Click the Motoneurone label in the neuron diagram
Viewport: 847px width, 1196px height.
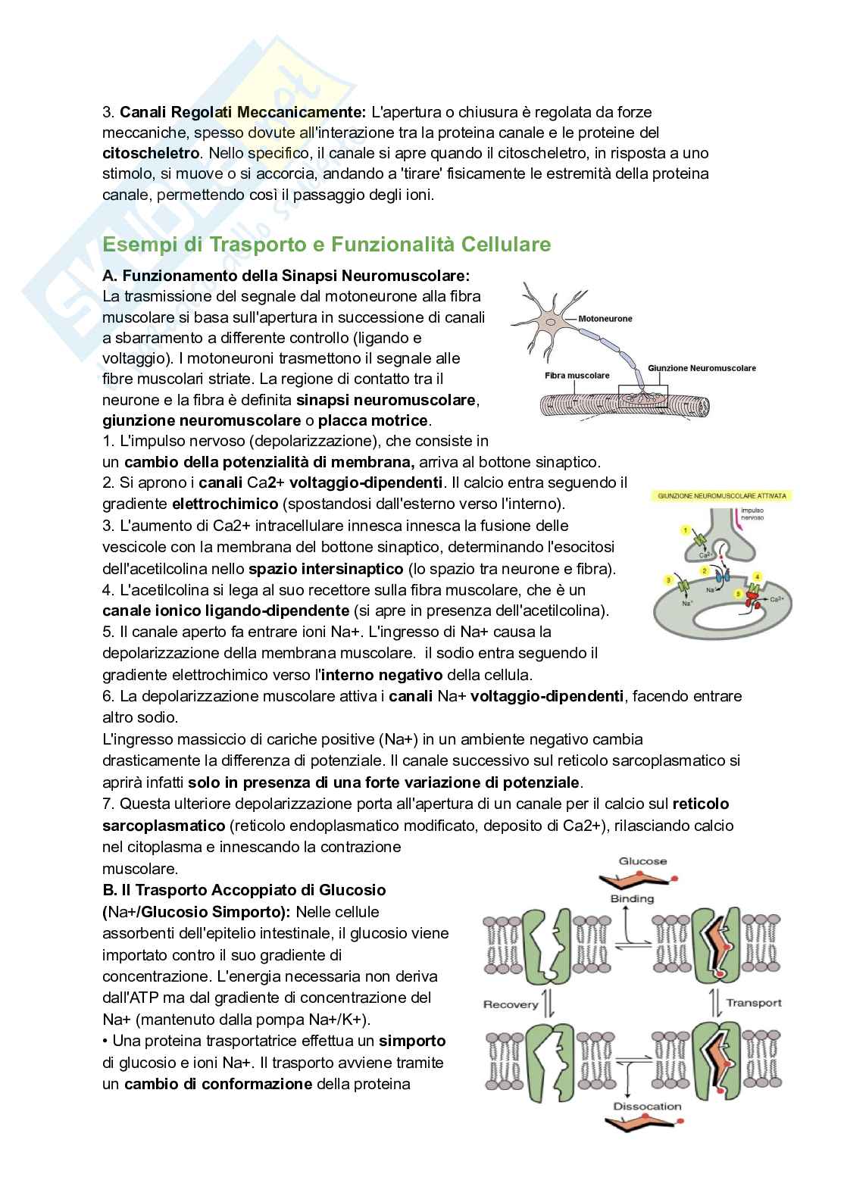tap(605, 319)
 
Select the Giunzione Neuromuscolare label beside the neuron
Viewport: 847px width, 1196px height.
tap(702, 368)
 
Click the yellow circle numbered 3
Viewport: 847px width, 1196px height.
tap(668, 580)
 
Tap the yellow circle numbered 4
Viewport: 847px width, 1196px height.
tap(757, 577)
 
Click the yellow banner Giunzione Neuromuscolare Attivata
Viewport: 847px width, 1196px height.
tap(721, 496)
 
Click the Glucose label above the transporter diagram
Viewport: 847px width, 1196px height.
tap(642, 861)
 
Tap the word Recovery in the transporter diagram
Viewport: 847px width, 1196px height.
tap(511, 1004)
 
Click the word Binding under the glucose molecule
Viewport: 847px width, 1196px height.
tap(632, 898)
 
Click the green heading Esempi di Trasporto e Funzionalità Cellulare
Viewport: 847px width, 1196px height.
tap(327, 245)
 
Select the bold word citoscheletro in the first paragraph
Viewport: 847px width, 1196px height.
tap(151, 153)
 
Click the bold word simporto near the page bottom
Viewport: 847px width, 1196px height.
tap(412, 1041)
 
